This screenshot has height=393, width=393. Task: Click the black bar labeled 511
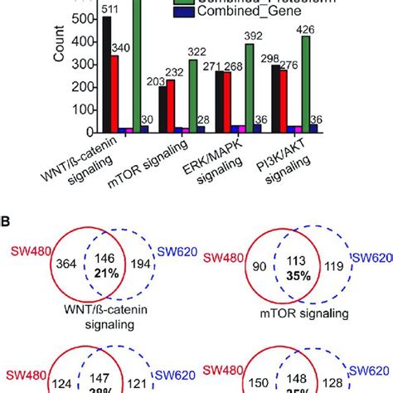click(107, 75)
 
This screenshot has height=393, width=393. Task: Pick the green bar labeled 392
click(250, 88)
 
